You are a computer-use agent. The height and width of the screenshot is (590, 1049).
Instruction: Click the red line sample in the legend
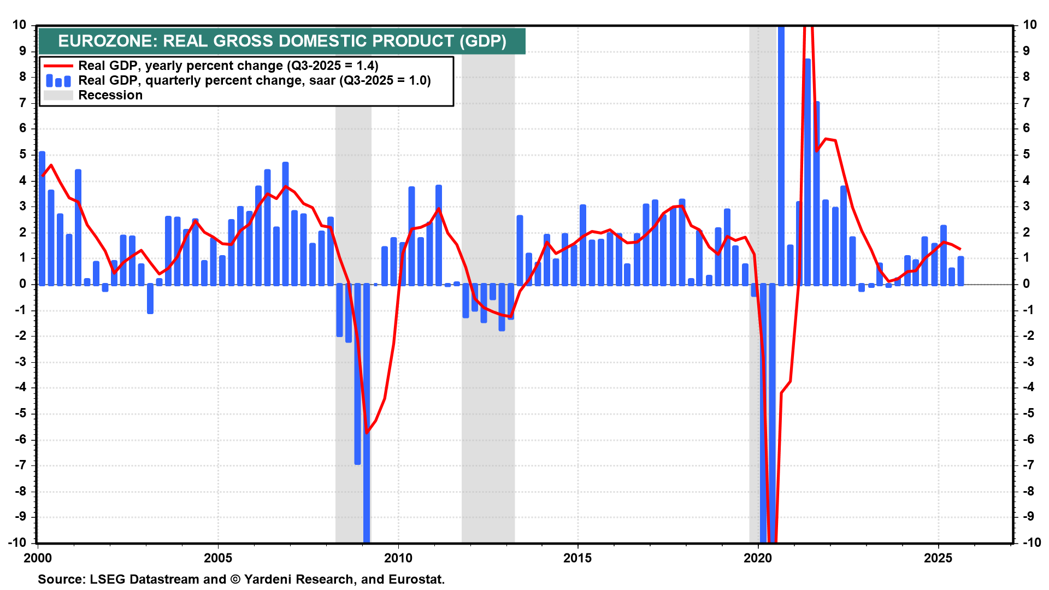point(58,66)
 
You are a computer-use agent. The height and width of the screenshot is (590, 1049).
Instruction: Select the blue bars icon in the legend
point(58,81)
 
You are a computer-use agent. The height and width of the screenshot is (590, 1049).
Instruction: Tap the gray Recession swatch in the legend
point(58,96)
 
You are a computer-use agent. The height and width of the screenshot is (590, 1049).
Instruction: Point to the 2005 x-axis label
point(217,558)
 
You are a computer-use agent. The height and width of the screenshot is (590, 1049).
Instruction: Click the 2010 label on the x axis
point(398,558)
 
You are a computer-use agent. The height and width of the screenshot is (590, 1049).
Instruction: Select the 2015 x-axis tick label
point(577,558)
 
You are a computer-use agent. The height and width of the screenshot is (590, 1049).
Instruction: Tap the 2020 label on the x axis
point(758,558)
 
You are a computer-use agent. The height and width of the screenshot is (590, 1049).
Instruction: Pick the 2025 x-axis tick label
point(938,558)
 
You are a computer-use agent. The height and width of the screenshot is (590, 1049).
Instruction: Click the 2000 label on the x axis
point(38,558)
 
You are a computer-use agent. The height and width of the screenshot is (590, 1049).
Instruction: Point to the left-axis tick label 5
point(22,155)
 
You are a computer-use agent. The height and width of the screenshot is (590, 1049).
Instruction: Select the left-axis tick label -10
point(17,542)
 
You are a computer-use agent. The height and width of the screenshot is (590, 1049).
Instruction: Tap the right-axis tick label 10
point(1029,25)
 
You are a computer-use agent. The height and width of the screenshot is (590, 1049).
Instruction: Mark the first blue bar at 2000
point(42,219)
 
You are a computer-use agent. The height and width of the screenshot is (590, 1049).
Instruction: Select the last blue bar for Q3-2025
point(960,271)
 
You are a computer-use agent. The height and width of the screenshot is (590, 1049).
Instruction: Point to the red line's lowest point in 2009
point(367,433)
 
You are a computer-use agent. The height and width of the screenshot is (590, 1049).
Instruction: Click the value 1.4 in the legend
point(366,66)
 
